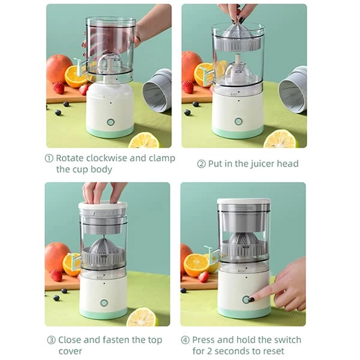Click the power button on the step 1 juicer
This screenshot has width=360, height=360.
(110, 122)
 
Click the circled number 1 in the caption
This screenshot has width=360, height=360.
(49, 158)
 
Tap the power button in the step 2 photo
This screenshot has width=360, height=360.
(238, 122)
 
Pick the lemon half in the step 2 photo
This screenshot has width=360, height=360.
(280, 139)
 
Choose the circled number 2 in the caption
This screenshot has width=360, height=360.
(201, 164)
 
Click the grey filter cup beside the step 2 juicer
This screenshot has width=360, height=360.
(293, 90)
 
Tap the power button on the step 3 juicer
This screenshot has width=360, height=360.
(104, 302)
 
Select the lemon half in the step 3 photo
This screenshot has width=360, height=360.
(143, 316)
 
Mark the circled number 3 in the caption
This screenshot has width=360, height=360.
(51, 340)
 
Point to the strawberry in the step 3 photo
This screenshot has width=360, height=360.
(56, 275)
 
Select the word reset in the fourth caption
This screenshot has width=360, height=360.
(269, 351)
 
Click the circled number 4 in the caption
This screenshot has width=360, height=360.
(185, 340)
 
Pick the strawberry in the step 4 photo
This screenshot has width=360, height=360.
(203, 277)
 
